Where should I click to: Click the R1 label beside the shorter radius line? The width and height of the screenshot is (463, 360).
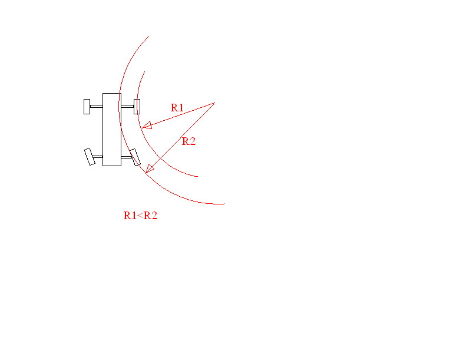(177, 108)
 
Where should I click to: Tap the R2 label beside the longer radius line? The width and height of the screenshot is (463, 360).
(188, 141)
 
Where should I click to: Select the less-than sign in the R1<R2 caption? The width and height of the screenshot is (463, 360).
(140, 216)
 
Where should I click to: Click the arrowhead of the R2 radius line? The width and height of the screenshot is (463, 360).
(150, 169)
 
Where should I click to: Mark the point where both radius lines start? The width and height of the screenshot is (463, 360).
(214, 103)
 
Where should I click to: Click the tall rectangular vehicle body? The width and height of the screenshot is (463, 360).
(112, 130)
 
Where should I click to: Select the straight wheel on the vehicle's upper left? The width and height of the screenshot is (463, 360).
(87, 107)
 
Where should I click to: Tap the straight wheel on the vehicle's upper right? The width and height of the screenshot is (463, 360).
(137, 107)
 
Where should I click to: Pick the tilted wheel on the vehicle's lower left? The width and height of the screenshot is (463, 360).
(90, 157)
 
